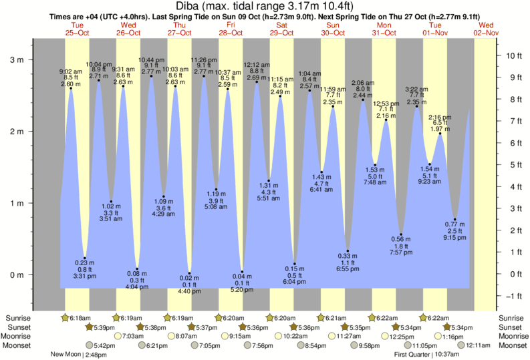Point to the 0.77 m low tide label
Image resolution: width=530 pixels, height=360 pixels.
pyautogui.click(x=454, y=224)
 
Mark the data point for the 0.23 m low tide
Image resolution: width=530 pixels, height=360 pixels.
pyautogui.click(x=84, y=258)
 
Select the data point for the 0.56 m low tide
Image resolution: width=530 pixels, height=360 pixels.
pyautogui.click(x=401, y=234)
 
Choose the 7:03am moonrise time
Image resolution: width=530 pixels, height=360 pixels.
pyautogui.click(x=130, y=337)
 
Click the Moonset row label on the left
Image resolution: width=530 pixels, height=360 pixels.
pyautogui.click(x=19, y=345)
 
